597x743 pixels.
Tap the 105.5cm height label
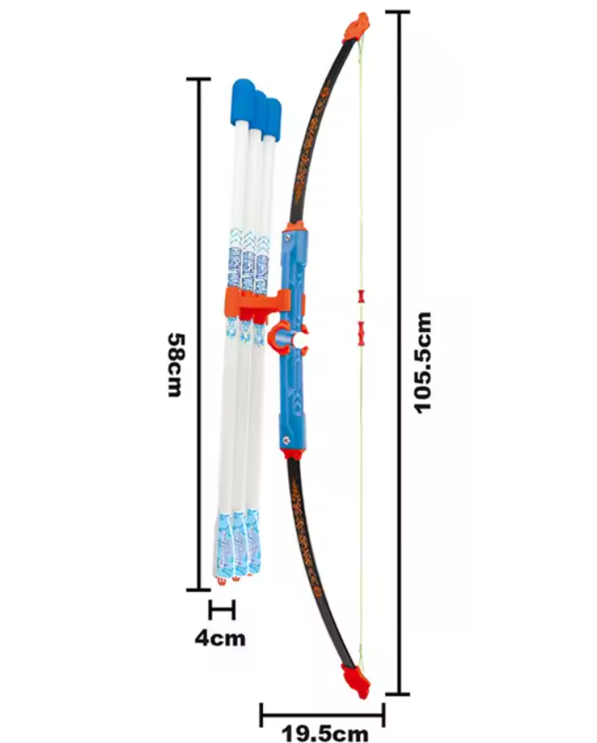423,362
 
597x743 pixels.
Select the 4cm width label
220,638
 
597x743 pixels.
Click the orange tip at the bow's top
359,25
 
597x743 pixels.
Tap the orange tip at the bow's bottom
355,679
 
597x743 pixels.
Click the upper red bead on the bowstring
362,297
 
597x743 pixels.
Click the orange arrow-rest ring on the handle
281,338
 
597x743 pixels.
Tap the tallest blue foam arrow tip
244,98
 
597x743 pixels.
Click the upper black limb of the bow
317,126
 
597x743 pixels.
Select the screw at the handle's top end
292,239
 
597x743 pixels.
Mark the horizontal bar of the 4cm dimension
221,610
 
